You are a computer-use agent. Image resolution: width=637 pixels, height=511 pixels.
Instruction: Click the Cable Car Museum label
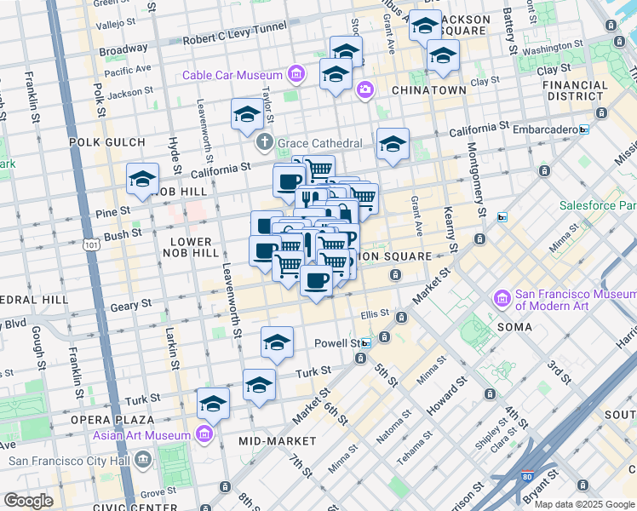coord(233,75)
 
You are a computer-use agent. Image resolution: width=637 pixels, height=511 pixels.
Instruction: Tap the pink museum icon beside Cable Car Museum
coord(296,75)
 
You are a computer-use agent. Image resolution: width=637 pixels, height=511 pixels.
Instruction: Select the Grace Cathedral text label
coord(321,143)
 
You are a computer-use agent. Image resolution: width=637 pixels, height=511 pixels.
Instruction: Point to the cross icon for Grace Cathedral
coord(266,142)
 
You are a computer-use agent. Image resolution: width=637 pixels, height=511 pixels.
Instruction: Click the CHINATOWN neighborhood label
coord(428,89)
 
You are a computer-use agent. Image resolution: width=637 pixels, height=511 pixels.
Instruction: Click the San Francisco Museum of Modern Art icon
coord(502,299)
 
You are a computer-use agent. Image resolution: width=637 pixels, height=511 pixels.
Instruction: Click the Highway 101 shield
coord(89,246)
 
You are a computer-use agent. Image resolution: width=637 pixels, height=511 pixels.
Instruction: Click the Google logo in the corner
coord(28,501)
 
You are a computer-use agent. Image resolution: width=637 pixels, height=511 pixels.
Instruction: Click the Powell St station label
coord(339,342)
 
